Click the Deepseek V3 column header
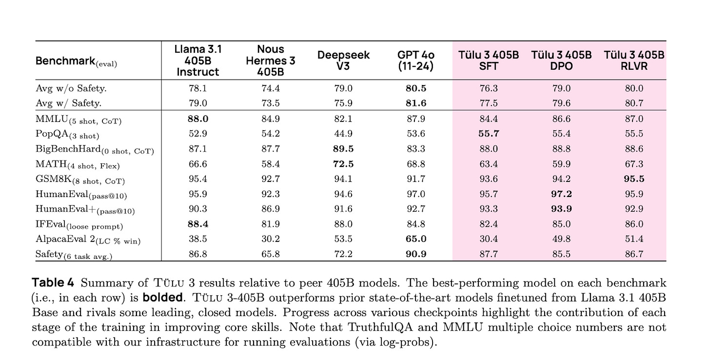pyautogui.click(x=343, y=60)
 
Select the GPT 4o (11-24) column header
pyautogui.click(x=415, y=60)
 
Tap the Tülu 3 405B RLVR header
pyautogui.click(x=634, y=60)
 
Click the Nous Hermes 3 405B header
pyautogui.click(x=271, y=60)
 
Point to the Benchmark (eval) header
pyautogui.click(x=77, y=62)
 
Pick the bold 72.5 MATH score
pyautogui.click(x=343, y=164)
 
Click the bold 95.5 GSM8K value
pyautogui.click(x=634, y=179)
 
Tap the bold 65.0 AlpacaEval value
pyautogui.click(x=415, y=239)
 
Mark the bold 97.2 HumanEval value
pyautogui.click(x=561, y=194)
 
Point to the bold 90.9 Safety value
pyautogui.click(x=415, y=254)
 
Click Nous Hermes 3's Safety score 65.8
pyautogui.click(x=271, y=254)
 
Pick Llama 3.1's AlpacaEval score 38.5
pyautogui.click(x=198, y=239)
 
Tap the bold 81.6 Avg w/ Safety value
pyautogui.click(x=415, y=103)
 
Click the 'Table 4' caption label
pyautogui.click(x=54, y=283)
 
